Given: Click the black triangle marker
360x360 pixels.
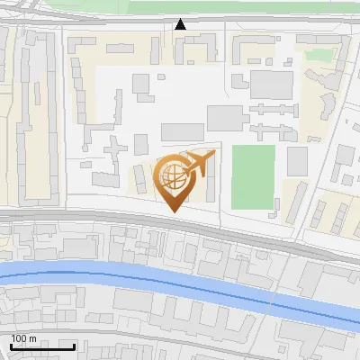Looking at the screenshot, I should pos(181,24).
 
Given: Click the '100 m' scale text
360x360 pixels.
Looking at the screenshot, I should pos(23,338).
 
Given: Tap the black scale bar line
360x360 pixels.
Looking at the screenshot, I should pos(41,346).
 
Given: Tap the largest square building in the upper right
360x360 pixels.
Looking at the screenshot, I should pos(271,84).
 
